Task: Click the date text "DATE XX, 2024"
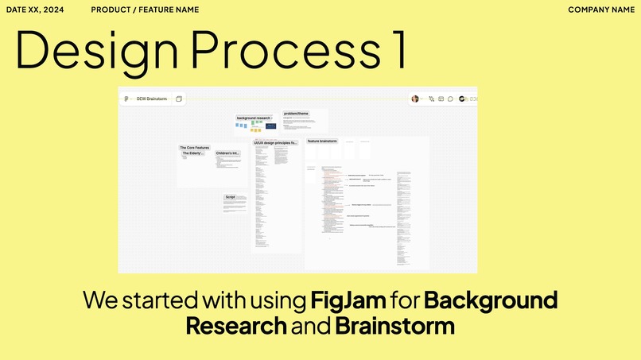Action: [35, 10]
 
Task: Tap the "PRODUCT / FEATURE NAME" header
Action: [145, 10]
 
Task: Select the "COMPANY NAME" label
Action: [600, 10]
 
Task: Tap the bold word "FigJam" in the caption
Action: [348, 300]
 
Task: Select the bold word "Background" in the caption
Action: [490, 300]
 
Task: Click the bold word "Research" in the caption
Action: [235, 326]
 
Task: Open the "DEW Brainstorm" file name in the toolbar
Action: [151, 99]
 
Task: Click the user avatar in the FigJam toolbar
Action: [414, 99]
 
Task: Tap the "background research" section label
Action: [254, 118]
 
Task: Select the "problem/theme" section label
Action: [296, 114]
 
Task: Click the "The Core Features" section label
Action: [194, 147]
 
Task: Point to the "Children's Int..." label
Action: [227, 153]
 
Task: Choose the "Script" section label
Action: [230, 196]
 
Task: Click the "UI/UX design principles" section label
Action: [275, 143]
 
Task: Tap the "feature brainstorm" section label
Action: [322, 141]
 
